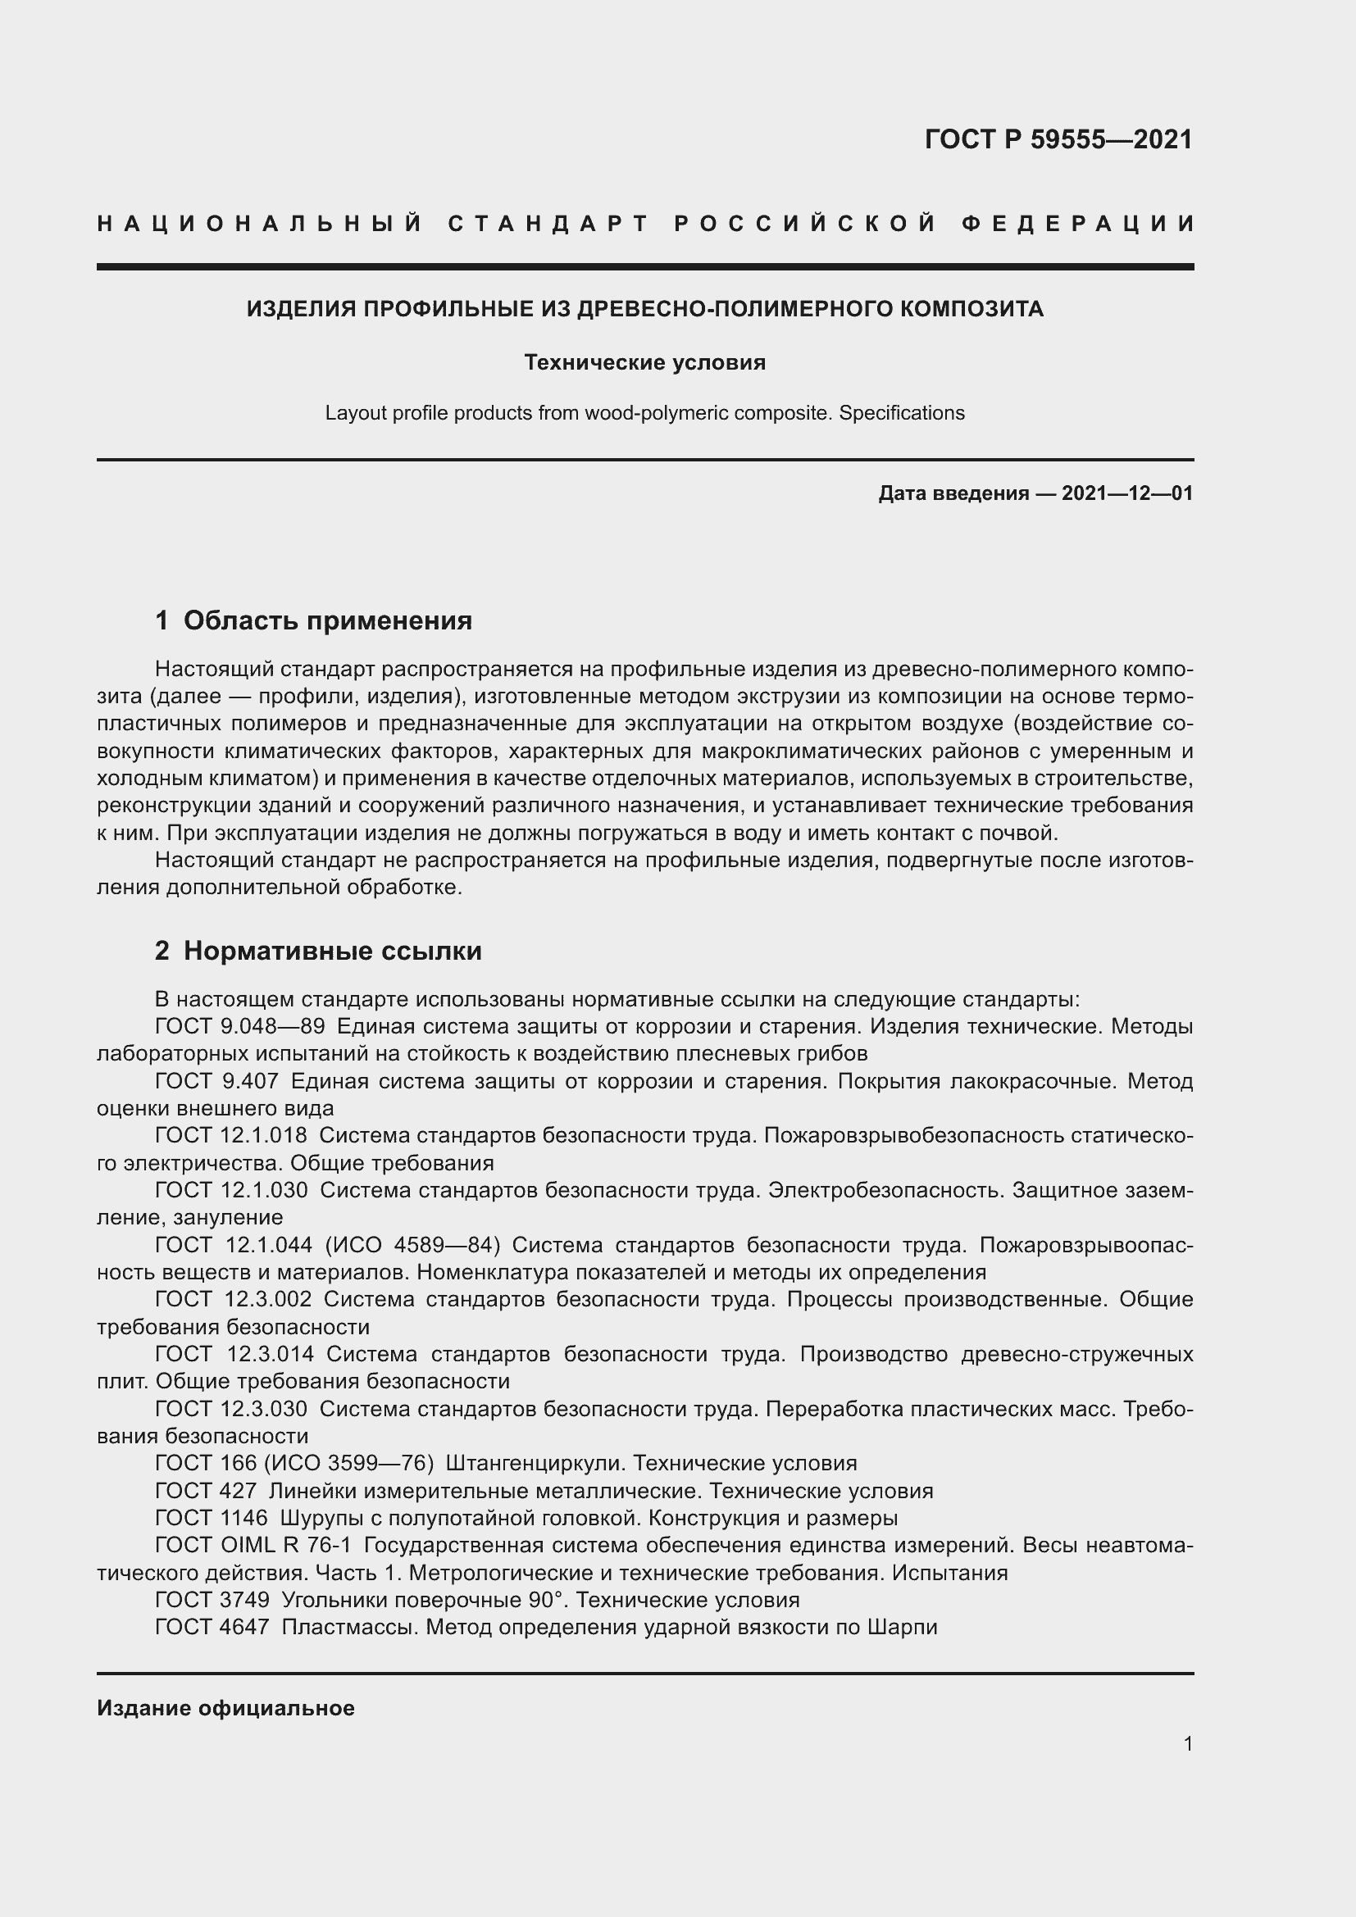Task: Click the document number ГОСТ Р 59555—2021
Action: (x=1058, y=139)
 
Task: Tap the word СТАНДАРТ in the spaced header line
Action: (x=548, y=224)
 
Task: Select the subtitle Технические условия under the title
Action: (x=644, y=362)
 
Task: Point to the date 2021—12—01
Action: (x=1126, y=493)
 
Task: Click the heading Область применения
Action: (x=327, y=620)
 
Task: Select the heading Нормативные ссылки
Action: (x=332, y=951)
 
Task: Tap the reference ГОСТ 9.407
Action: (x=216, y=1082)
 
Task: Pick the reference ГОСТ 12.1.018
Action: (x=230, y=1135)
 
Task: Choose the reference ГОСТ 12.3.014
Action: (x=234, y=1354)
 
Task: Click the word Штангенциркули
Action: (x=535, y=1464)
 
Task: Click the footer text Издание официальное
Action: (x=225, y=1708)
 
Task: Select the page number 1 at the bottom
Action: (x=1187, y=1744)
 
